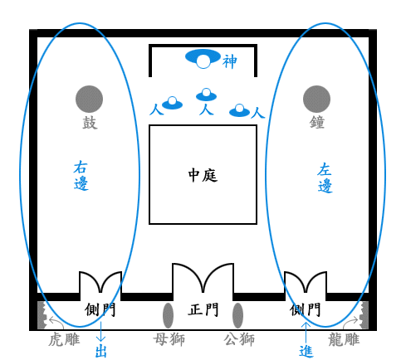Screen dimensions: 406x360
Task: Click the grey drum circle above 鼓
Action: tap(89, 99)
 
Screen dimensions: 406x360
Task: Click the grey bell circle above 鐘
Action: tap(316, 99)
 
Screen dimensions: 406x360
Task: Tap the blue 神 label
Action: tap(230, 61)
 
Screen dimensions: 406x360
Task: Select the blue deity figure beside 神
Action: tap(203, 59)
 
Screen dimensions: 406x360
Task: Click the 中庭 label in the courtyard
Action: tap(203, 175)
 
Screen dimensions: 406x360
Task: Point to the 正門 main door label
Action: tap(203, 309)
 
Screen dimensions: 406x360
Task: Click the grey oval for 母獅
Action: tap(168, 315)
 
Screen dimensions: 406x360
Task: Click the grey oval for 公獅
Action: tap(237, 315)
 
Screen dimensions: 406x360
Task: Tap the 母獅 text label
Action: tap(169, 339)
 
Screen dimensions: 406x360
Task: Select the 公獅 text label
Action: tap(239, 339)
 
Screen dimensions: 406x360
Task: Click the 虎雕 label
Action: tap(64, 339)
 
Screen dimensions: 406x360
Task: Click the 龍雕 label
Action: tap(344, 339)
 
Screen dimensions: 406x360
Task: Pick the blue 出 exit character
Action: tap(100, 352)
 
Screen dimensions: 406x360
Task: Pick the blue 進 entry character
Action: tap(306, 352)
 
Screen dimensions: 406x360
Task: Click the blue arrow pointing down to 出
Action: tap(100, 332)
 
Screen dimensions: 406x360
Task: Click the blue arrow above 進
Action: tap(306, 333)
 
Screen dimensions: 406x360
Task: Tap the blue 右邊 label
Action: tap(81, 175)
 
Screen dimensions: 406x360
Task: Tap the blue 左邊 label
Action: tap(325, 178)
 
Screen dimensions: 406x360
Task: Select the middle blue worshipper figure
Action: tap(206, 95)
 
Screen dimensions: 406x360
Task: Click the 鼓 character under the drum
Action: tap(90, 123)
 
